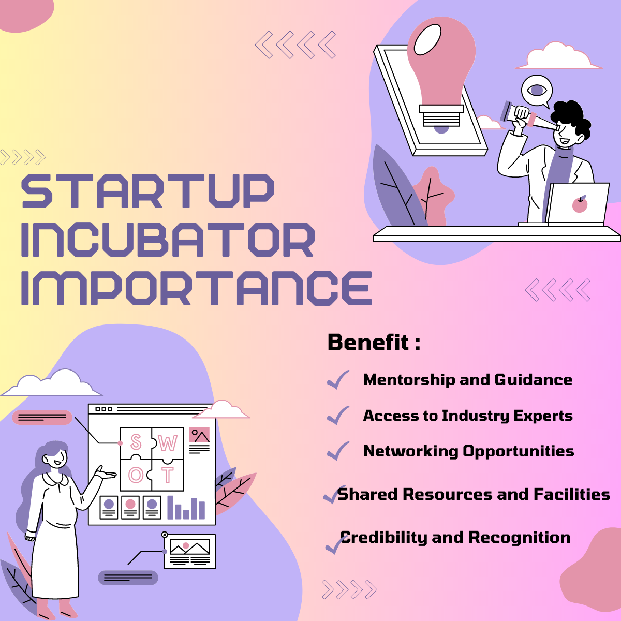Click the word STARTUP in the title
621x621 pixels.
pyautogui.click(x=147, y=191)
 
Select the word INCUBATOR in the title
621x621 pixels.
pyautogui.click(x=167, y=240)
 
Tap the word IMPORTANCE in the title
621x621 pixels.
pyautogui.click(x=196, y=288)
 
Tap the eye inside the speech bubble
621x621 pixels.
pyautogui.click(x=537, y=91)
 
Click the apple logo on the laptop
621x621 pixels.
pyautogui.click(x=580, y=205)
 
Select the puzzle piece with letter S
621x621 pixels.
pyautogui.click(x=136, y=442)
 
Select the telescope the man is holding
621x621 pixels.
pyautogui.click(x=528, y=117)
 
